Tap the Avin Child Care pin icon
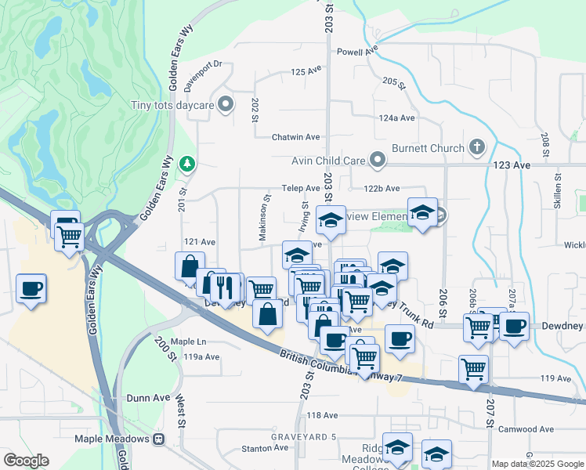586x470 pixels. tap(378, 161)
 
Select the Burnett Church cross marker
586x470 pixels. tap(476, 146)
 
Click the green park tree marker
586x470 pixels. tap(187, 164)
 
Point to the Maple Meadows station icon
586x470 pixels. tap(158, 439)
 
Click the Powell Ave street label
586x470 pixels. tap(357, 52)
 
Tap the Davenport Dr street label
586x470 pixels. tap(203, 64)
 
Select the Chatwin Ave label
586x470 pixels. tap(295, 137)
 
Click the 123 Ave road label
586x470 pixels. tap(512, 165)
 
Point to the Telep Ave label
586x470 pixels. tap(301, 189)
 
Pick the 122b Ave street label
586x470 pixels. tap(382, 189)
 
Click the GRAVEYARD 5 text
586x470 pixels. tap(303, 436)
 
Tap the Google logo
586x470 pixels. tap(26, 461)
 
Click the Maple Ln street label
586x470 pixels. tap(188, 342)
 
